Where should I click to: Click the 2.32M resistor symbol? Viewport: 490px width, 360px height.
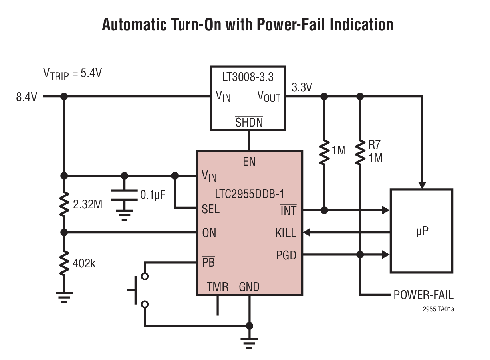[63, 204]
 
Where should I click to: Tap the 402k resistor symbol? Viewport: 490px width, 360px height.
[63, 263]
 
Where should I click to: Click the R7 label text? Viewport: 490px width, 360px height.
[374, 145]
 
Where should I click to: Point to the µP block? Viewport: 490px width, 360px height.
[421, 231]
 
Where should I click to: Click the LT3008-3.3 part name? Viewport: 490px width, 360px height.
[248, 77]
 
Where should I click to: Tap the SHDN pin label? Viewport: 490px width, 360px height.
[249, 122]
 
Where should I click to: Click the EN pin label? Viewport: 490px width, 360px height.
[249, 162]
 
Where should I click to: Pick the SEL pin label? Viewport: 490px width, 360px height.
[211, 209]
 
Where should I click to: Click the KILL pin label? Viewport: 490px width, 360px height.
[286, 232]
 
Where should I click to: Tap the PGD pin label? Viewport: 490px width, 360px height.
[286, 255]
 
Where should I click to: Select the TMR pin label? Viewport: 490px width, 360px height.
[218, 287]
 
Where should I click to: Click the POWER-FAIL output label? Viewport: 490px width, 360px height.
[423, 295]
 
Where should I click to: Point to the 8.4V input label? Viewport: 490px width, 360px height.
[26, 97]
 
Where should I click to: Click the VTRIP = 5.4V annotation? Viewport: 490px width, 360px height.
[72, 74]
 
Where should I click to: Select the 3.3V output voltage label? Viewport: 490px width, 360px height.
[302, 87]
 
